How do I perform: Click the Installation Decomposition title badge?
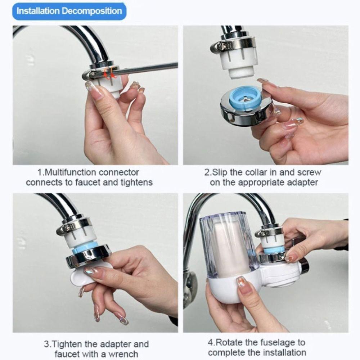pos(69,11)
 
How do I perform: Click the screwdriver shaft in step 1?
pos(148,68)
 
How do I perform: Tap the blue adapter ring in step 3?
pos(85,247)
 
